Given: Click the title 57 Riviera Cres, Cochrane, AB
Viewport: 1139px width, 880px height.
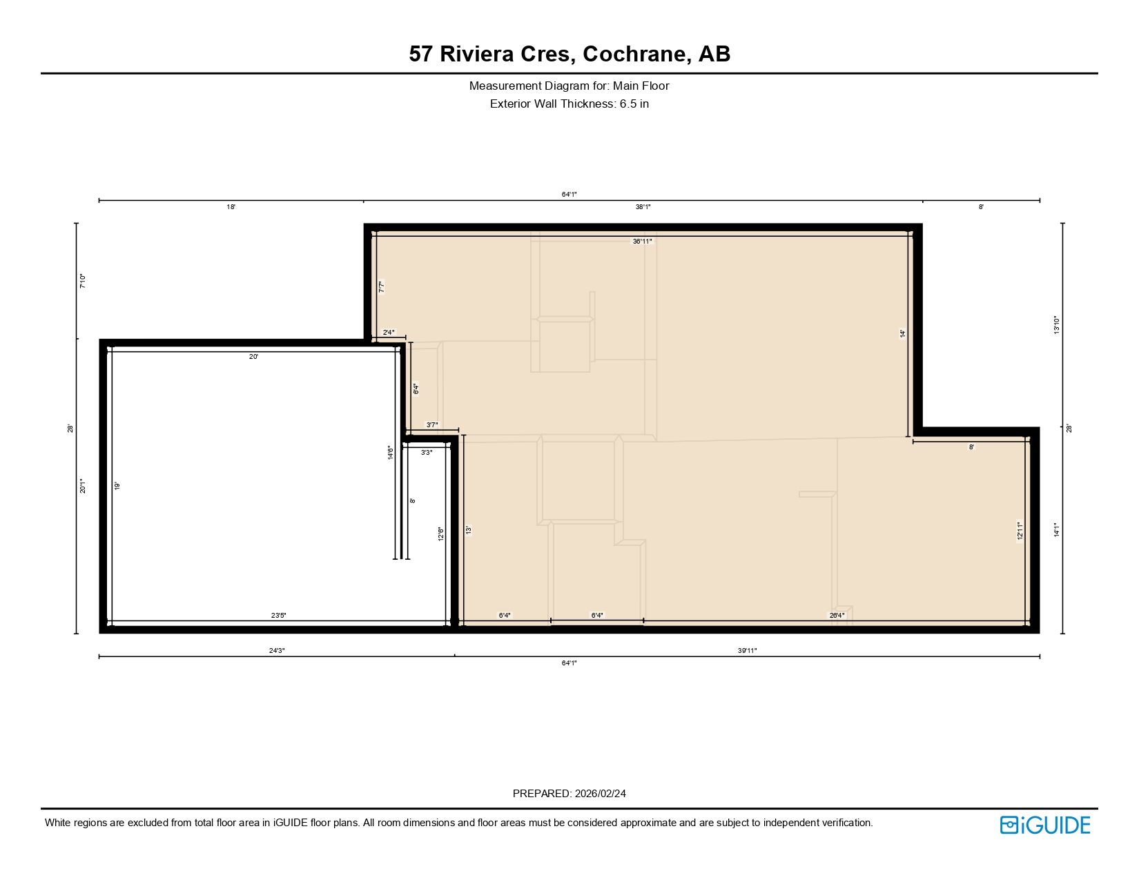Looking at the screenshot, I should (569, 54).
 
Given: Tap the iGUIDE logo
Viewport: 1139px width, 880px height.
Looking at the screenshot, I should (1045, 825).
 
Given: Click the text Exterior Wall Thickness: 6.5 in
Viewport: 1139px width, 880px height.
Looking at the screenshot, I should (569, 104).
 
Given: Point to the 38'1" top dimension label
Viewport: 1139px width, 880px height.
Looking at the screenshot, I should (643, 207).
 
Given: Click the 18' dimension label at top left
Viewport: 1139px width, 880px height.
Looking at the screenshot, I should (231, 207).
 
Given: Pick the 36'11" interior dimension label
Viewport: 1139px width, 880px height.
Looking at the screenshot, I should (642, 242).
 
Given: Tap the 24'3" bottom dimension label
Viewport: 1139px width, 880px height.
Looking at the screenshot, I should (277, 650).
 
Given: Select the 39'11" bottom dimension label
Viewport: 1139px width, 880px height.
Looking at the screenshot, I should (747, 650).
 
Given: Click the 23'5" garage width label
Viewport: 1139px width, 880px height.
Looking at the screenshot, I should (278, 615).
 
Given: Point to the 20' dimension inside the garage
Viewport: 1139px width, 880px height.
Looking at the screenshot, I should (253, 357).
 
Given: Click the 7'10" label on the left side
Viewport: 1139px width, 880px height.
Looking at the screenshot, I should (83, 281).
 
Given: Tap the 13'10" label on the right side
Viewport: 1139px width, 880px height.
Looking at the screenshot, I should (1056, 325).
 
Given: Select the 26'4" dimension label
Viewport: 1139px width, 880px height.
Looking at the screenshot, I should (837, 615).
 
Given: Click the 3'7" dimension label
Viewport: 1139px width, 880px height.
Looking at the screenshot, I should (432, 425).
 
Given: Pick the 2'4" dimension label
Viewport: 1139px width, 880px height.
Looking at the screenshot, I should (389, 333).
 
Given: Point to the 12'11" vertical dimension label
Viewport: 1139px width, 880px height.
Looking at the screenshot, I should (1020, 531).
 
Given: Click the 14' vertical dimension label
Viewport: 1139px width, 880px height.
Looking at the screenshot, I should (903, 333).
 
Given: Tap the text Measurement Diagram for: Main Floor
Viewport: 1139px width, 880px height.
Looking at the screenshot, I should (569, 86).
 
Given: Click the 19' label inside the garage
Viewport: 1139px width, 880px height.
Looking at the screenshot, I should (117, 486).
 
